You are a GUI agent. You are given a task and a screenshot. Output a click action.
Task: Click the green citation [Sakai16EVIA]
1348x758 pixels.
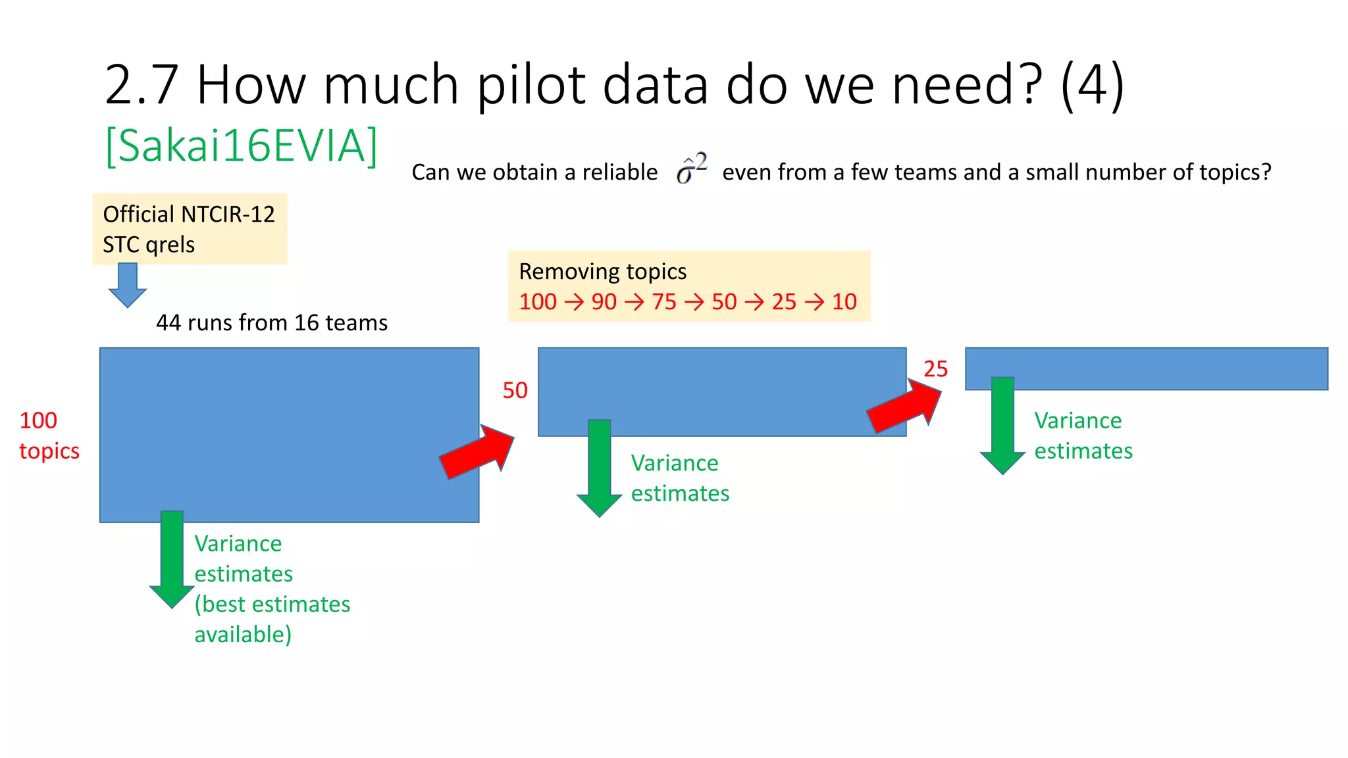pos(241,146)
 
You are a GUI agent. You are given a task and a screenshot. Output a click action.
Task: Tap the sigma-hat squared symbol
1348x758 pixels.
pos(690,168)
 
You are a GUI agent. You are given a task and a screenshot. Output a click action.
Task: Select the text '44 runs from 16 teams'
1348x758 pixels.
pos(271,322)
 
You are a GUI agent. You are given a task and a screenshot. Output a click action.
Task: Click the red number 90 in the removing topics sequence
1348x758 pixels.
pos(604,302)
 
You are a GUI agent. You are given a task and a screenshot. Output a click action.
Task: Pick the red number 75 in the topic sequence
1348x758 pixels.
pos(663,302)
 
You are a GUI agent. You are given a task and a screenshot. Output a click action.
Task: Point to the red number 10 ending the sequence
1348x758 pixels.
pos(844,302)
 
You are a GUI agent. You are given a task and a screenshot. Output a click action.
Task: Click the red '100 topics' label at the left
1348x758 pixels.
pos(49,436)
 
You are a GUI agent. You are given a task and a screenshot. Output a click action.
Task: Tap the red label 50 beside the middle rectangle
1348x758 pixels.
pos(515,390)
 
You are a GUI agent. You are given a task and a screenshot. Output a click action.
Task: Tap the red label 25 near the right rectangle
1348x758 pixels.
pos(935,369)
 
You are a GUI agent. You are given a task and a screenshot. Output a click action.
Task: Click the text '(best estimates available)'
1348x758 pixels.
pos(271,619)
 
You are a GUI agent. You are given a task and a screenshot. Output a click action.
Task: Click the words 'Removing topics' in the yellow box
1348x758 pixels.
pos(602,271)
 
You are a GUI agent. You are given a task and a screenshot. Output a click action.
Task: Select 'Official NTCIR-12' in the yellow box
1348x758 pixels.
pos(188,215)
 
